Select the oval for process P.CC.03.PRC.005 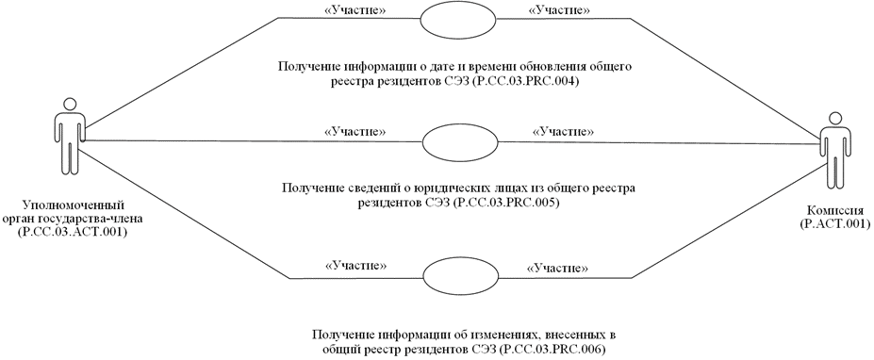click(451, 141)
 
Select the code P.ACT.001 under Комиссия click(833, 226)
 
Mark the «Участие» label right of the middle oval click(563, 131)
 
